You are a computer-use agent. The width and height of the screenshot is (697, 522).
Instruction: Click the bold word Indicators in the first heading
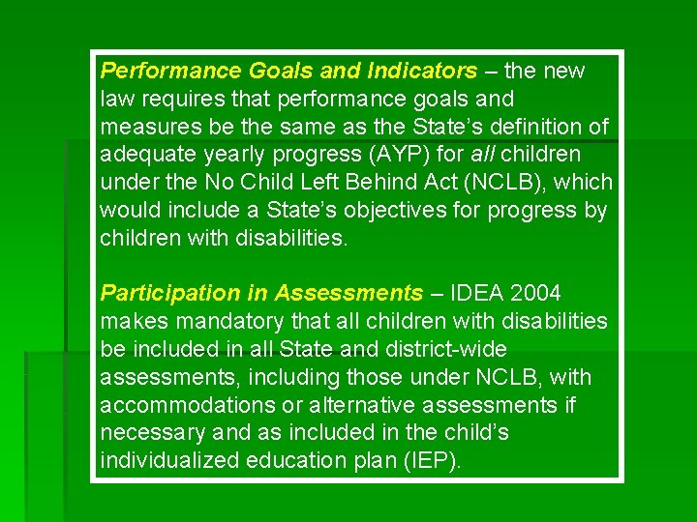[x=422, y=71]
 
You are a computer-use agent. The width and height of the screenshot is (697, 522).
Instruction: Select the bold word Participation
[x=163, y=293]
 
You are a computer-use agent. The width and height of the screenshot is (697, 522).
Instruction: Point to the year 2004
[x=534, y=293]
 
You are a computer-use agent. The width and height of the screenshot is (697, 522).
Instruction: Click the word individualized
[x=169, y=460]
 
